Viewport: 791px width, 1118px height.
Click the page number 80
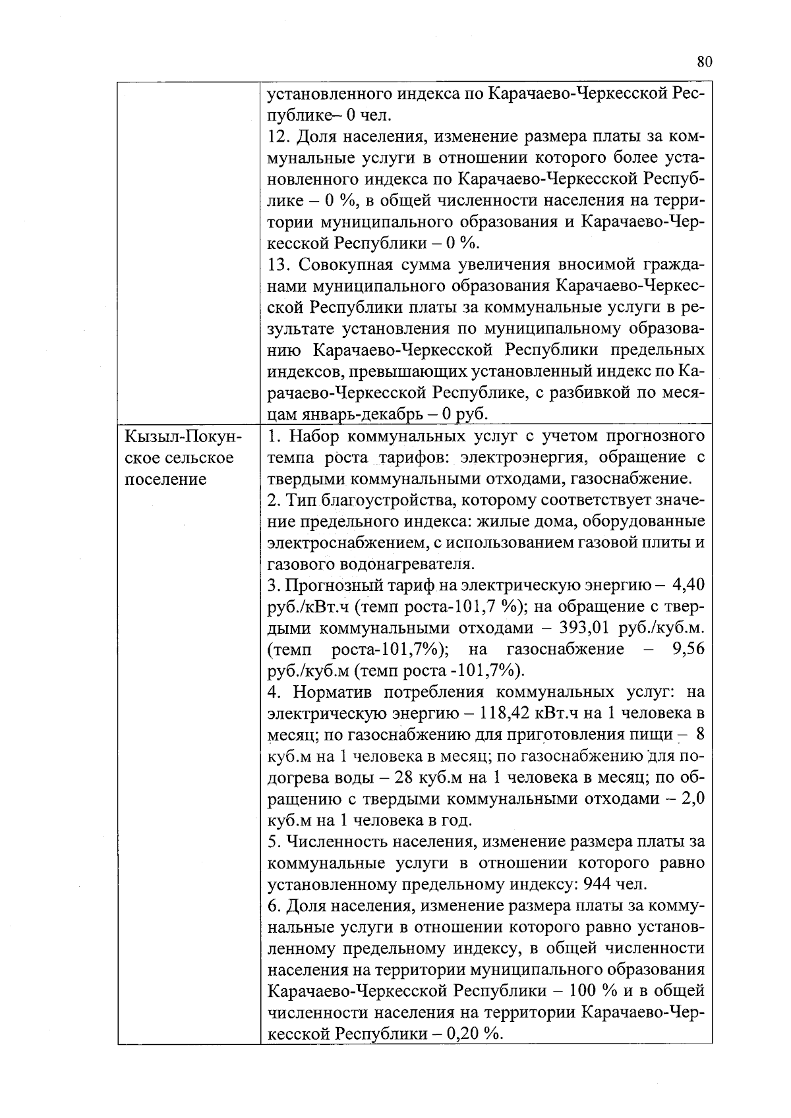[704, 62]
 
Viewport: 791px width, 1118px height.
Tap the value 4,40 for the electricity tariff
[686, 585]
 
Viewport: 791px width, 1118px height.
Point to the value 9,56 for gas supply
[686, 650]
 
